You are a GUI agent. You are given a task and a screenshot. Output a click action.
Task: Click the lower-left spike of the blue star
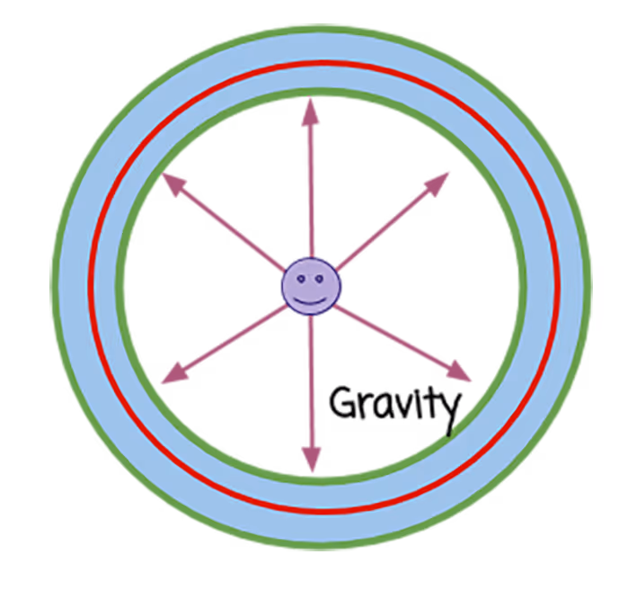(x=293, y=318)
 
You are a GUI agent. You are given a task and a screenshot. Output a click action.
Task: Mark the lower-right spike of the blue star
(x=332, y=317)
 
